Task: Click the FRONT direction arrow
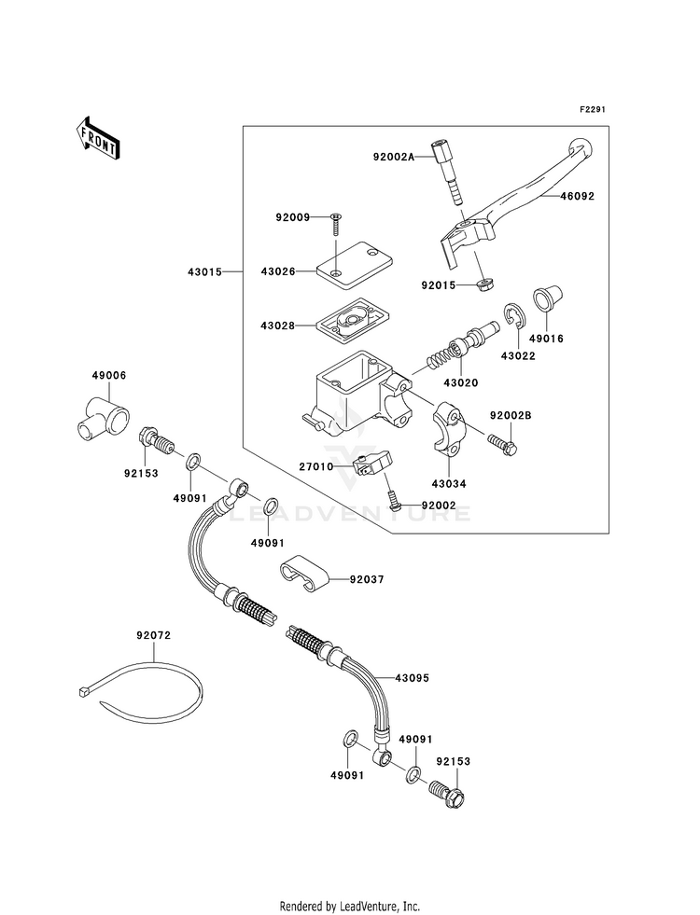[98, 137]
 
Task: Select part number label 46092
[578, 196]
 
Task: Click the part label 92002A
[394, 157]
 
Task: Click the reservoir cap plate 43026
[354, 269]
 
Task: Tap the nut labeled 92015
[483, 285]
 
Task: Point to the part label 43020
[461, 383]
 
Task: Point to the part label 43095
[413, 678]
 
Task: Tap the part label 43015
[205, 272]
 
